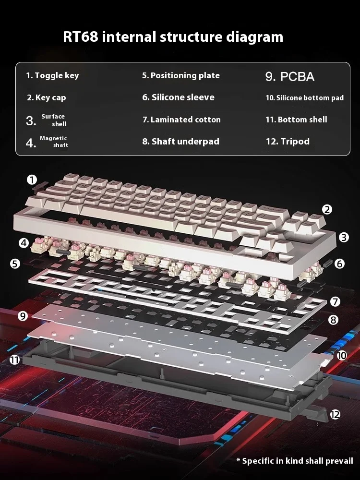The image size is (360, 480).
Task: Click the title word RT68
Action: tap(81, 36)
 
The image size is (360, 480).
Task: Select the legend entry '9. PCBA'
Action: tap(290, 76)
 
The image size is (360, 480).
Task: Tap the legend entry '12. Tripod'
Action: tap(288, 142)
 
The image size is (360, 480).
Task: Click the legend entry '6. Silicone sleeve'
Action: tap(179, 97)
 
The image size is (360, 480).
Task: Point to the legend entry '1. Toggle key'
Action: tap(52, 76)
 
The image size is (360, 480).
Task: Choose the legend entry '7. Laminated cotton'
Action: tap(181, 120)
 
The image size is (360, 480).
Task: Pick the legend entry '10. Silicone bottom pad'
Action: tap(305, 98)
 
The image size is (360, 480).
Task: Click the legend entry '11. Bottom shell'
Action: tap(296, 120)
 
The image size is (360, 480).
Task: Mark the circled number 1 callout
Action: tap(32, 180)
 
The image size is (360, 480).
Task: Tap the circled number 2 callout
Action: tap(327, 209)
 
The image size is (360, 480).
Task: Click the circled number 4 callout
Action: tap(24, 243)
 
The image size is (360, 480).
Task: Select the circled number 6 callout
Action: tap(339, 264)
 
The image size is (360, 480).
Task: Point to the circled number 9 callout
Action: tap(23, 316)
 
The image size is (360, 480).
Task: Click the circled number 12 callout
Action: tap(335, 415)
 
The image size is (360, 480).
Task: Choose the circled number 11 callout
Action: tap(14, 360)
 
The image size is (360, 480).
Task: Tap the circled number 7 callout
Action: tap(335, 301)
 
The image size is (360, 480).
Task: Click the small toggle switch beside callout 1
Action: tap(40, 186)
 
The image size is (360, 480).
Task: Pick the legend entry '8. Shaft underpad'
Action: tap(181, 142)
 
